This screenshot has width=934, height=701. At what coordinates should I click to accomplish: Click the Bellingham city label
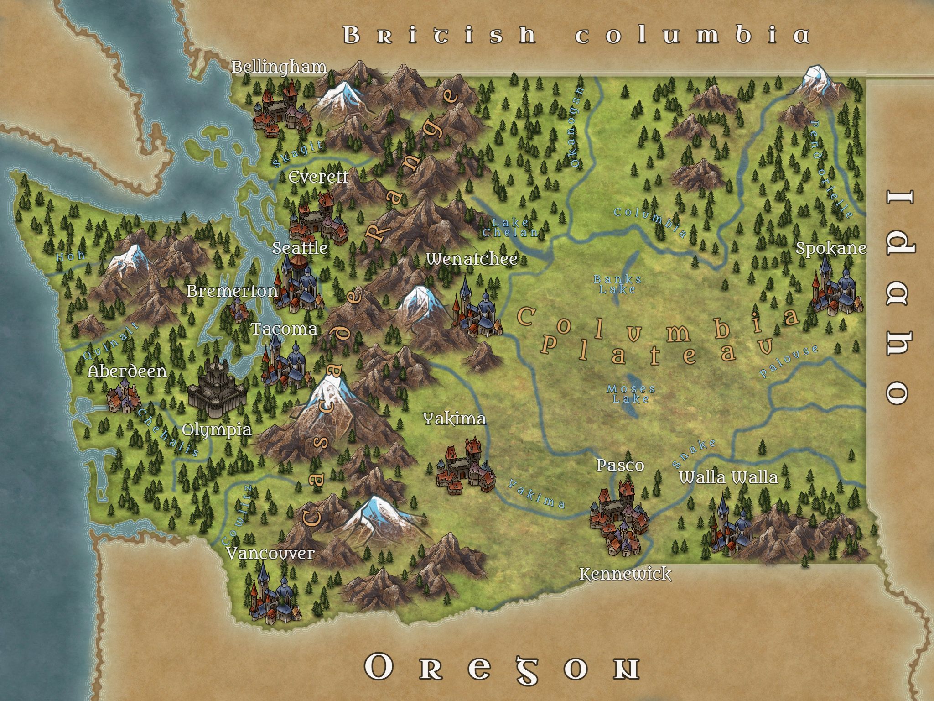[x=279, y=67]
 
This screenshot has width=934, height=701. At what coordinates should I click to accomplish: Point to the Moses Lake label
[x=631, y=394]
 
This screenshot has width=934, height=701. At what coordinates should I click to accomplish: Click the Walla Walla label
[x=728, y=478]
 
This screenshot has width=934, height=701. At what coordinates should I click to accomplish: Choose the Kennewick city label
[x=625, y=574]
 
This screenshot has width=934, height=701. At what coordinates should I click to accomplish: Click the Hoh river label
[x=70, y=256]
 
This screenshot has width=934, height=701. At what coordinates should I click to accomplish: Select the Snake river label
[x=694, y=453]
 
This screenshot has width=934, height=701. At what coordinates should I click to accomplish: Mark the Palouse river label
[x=789, y=361]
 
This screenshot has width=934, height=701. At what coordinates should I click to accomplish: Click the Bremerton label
[x=232, y=291]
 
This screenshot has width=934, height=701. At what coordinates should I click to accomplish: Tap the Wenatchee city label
[x=472, y=259]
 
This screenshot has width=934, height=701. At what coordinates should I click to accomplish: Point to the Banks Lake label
[x=617, y=284]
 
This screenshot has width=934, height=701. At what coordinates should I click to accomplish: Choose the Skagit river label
[x=297, y=154]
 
